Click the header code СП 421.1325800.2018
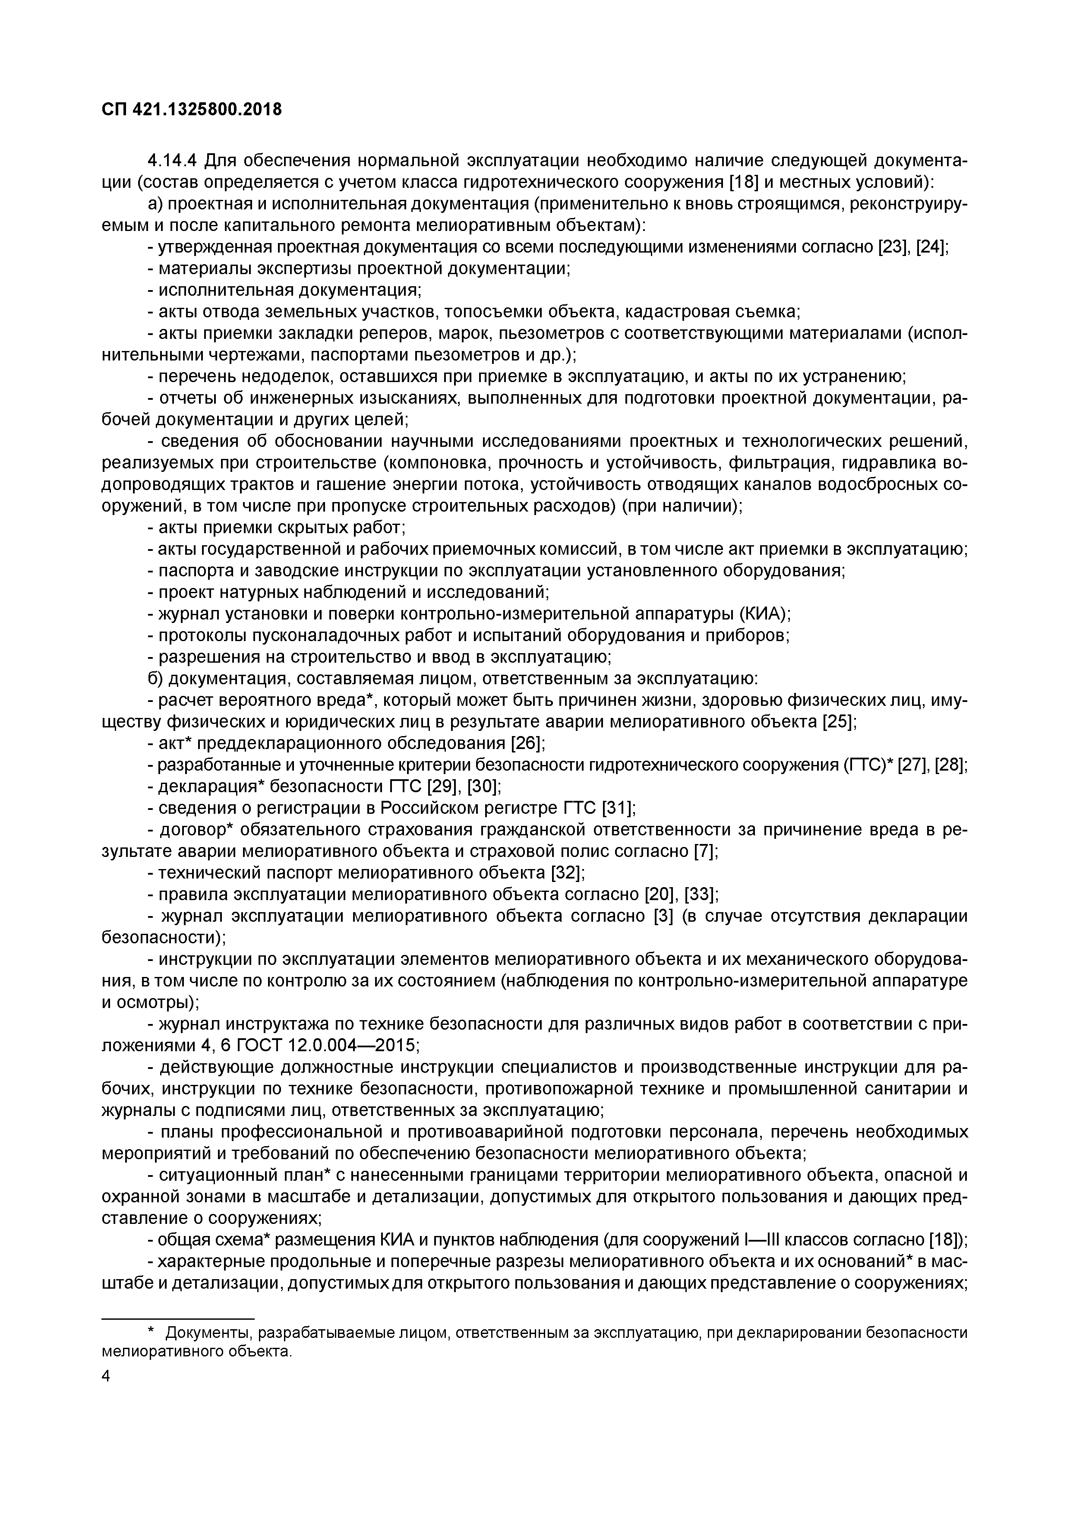pos(192,110)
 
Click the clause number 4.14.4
pos(173,160)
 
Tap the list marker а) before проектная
pos(155,204)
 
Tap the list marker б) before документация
pos(155,679)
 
